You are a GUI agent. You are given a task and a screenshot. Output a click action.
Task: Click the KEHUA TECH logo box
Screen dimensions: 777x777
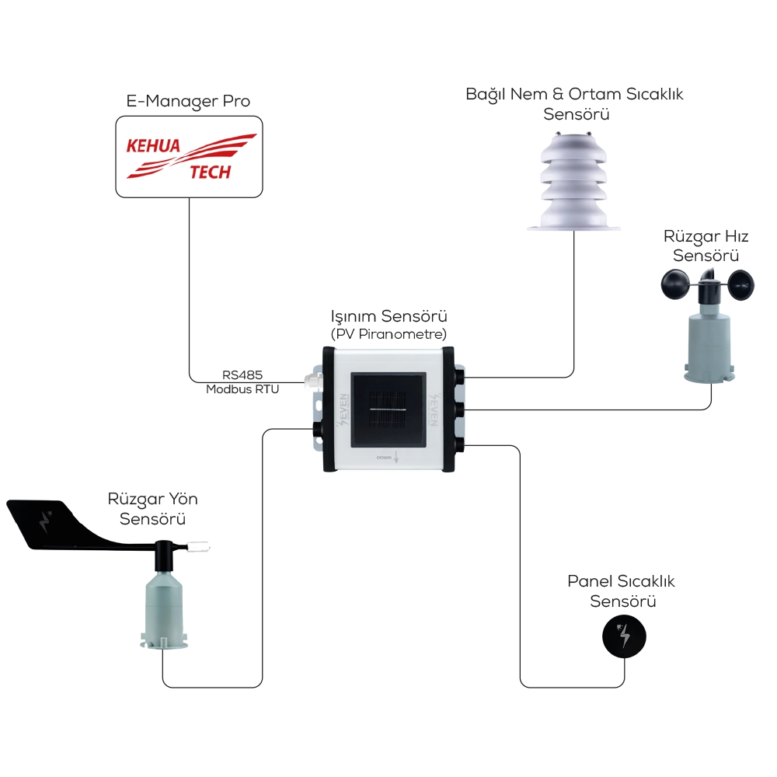point(189,156)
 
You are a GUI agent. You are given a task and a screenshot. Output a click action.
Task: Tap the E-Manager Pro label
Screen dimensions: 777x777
point(188,102)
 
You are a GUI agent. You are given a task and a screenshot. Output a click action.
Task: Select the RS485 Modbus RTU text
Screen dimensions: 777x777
point(242,383)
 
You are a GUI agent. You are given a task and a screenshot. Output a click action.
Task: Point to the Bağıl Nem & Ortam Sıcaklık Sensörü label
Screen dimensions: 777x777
point(574,104)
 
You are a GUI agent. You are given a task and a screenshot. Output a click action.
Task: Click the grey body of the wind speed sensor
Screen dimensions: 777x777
point(707,342)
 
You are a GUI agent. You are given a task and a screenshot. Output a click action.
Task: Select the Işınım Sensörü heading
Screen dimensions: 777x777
point(389,317)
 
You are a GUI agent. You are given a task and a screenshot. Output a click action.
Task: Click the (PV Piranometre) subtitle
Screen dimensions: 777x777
point(389,334)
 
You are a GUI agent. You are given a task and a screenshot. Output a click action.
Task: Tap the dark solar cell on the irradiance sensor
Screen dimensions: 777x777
point(388,410)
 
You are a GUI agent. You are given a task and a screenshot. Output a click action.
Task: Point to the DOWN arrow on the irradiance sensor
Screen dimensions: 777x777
point(396,458)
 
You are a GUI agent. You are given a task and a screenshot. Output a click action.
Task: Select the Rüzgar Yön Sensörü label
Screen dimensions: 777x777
point(153,509)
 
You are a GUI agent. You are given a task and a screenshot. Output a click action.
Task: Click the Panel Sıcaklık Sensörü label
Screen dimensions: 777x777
point(622,591)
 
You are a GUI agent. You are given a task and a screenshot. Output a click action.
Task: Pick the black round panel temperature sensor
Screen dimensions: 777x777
point(624,636)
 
